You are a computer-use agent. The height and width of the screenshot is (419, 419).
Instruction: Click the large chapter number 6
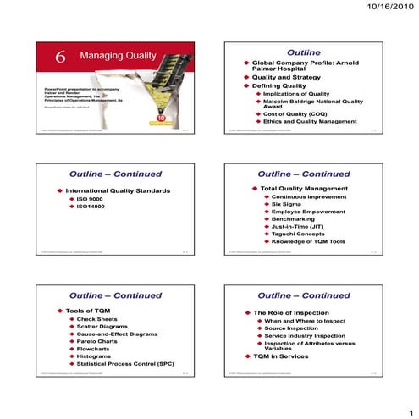coord(61,57)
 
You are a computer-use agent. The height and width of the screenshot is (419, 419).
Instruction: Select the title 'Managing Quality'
coord(118,56)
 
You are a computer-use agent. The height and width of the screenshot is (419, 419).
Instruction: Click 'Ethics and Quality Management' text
coord(311,121)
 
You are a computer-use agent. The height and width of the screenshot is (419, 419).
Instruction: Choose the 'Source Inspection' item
coord(294,329)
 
